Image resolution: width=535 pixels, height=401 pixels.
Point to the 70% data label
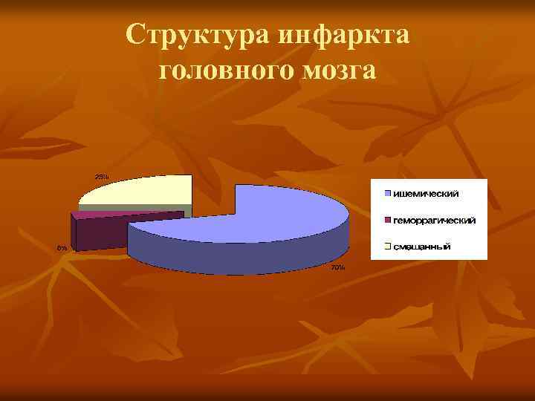[x=337, y=267]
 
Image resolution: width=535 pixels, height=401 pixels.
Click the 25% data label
[x=102, y=176]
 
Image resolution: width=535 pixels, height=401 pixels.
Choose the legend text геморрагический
[x=435, y=221]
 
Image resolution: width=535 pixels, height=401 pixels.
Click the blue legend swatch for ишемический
[x=388, y=195]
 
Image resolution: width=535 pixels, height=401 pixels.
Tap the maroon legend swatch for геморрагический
[x=388, y=221]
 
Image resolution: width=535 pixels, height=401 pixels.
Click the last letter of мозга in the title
[x=369, y=71]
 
